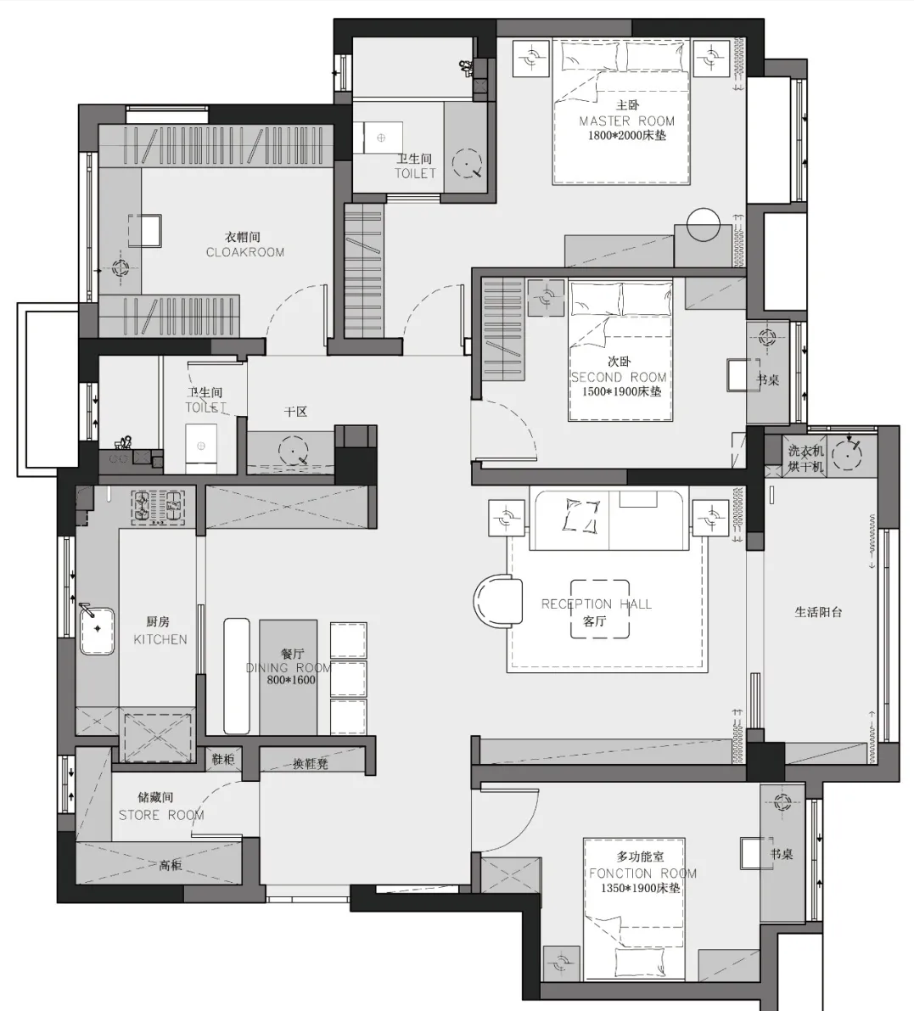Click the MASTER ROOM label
pyautogui.click(x=626, y=121)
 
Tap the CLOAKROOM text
pyautogui.click(x=245, y=252)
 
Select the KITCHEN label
pyautogui.click(x=160, y=639)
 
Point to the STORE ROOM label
pyautogui.click(x=161, y=815)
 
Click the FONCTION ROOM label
pyautogui.click(x=642, y=873)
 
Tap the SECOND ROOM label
pyautogui.click(x=619, y=377)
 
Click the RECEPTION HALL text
pyautogui.click(x=597, y=604)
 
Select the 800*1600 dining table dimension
pyautogui.click(x=291, y=680)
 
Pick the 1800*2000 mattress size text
pyautogui.click(x=626, y=136)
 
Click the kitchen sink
pyautogui.click(x=97, y=631)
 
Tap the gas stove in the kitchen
pyautogui.click(x=159, y=505)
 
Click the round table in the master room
pyautogui.click(x=704, y=224)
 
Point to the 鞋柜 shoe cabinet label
pyautogui.click(x=223, y=759)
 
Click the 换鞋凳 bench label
pyautogui.click(x=311, y=764)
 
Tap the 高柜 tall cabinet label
pyautogui.click(x=171, y=865)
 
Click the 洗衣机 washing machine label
pyautogui.click(x=805, y=451)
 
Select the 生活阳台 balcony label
pyautogui.click(x=818, y=612)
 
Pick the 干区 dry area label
pyautogui.click(x=296, y=412)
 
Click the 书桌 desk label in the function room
pyautogui.click(x=782, y=854)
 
